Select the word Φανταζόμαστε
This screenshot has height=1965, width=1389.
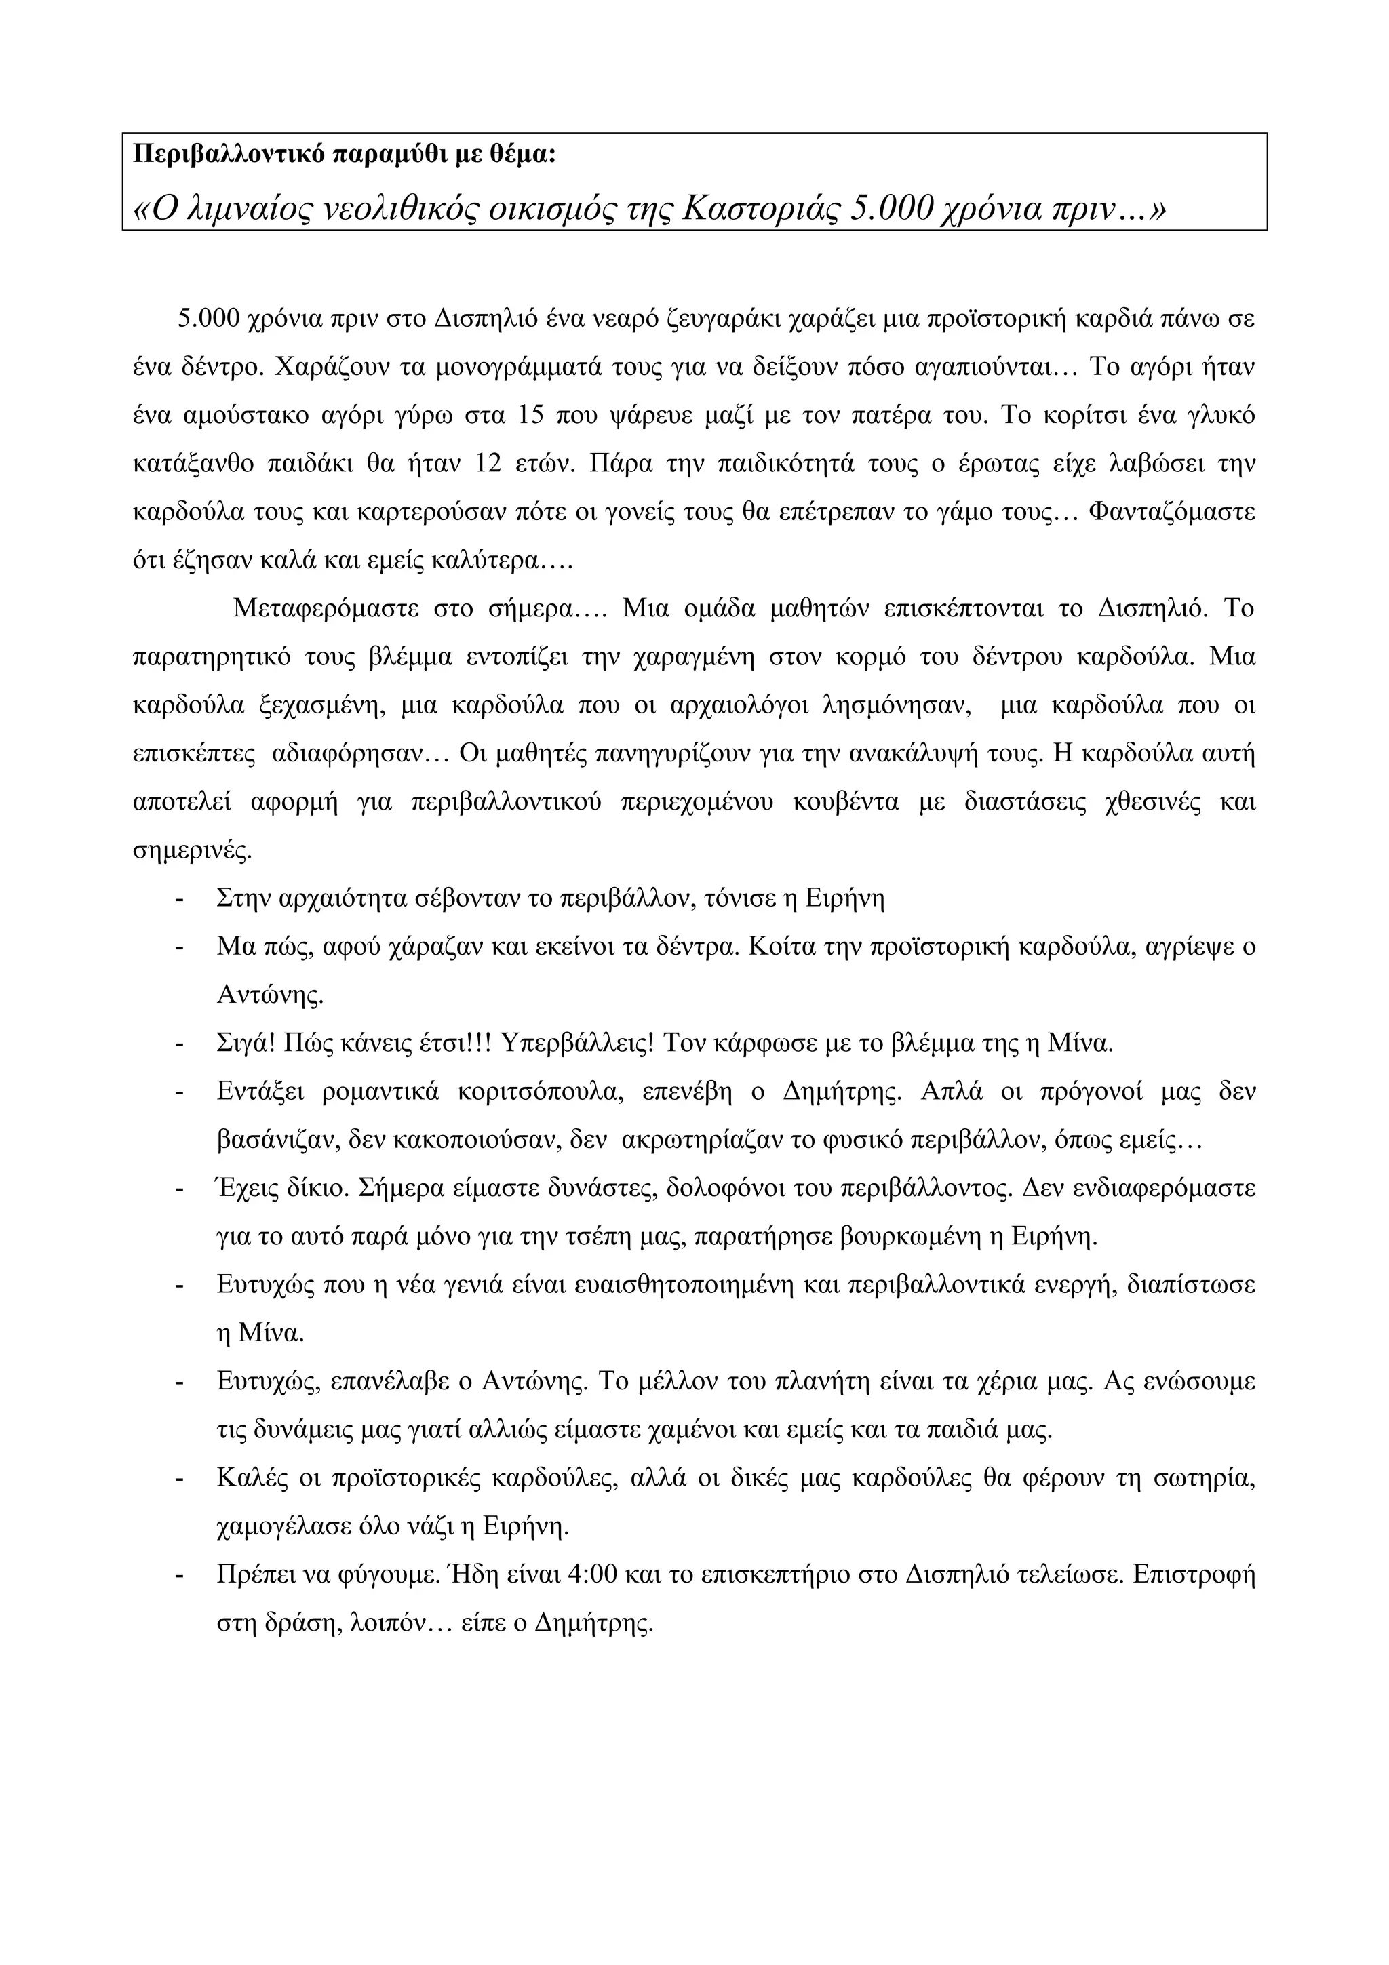coord(1173,513)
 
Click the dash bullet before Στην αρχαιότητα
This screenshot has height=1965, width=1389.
coord(180,900)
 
